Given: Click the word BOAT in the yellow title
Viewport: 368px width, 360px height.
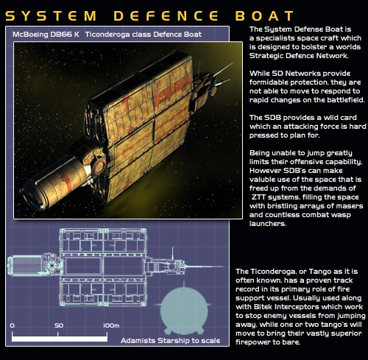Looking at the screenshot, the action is pos(264,15).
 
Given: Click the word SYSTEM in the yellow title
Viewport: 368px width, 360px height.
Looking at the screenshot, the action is pos(51,15).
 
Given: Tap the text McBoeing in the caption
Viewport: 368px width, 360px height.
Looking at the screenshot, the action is pos(30,35).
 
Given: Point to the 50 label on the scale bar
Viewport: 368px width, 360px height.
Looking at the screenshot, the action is pos(59,325).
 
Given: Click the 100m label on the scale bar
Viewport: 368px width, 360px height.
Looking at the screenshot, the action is pos(111,325).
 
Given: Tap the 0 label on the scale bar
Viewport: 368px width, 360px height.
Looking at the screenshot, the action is pos(13,325).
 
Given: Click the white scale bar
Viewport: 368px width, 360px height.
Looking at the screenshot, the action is pos(60,339).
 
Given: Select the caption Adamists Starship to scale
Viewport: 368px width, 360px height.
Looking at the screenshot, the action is pos(171,341).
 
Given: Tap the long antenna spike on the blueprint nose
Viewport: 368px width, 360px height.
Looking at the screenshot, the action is pos(205,267).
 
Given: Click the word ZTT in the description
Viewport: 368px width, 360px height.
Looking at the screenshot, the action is pos(258,197).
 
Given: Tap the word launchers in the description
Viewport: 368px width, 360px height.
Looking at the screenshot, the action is pos(267,224).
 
